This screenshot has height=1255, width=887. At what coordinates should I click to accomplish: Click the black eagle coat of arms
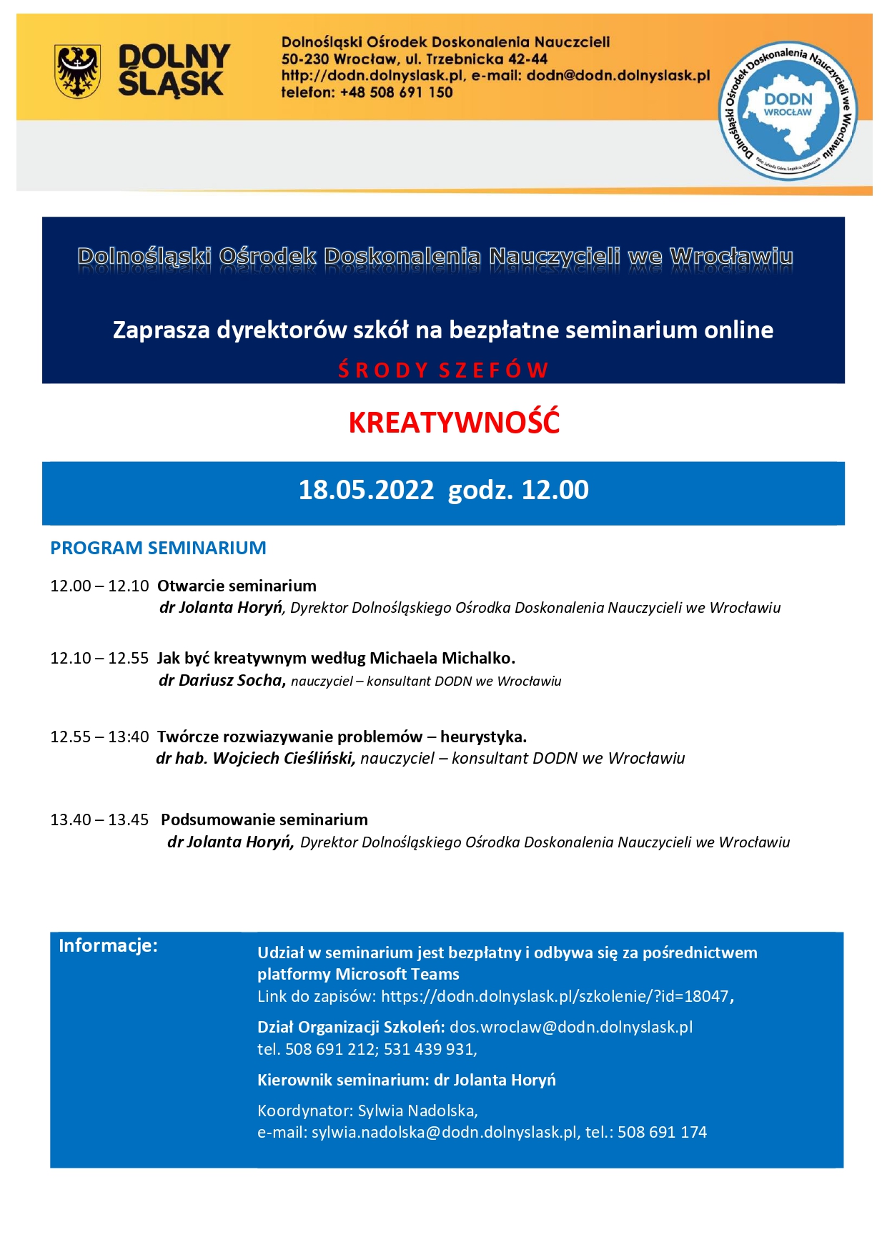78,71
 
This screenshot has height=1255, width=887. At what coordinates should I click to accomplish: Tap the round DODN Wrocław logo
788,110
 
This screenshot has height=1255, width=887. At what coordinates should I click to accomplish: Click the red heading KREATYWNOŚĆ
454,423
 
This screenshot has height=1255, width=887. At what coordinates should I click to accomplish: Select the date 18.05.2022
366,491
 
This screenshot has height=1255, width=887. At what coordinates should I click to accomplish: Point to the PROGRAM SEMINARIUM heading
158,548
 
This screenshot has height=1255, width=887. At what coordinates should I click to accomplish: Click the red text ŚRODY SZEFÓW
443,370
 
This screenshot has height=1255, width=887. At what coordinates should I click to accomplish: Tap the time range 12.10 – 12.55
99,659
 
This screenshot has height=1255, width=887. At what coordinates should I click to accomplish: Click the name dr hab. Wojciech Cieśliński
256,759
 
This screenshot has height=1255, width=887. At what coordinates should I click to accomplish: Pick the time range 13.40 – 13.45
99,820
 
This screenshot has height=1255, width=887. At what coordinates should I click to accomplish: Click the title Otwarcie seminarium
237,586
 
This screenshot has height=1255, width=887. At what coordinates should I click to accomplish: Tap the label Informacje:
108,946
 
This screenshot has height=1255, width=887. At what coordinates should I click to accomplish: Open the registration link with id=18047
555,997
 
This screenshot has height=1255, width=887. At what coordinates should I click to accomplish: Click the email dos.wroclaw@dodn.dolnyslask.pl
571,1028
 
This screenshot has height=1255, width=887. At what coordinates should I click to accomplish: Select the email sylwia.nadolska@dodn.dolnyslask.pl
444,1133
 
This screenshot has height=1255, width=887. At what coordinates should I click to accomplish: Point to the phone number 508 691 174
662,1133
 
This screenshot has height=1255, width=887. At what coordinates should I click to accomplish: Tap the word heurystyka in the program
483,737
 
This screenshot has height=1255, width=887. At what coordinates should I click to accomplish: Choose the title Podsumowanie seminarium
264,820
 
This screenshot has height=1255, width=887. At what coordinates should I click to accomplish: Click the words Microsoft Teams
397,975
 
